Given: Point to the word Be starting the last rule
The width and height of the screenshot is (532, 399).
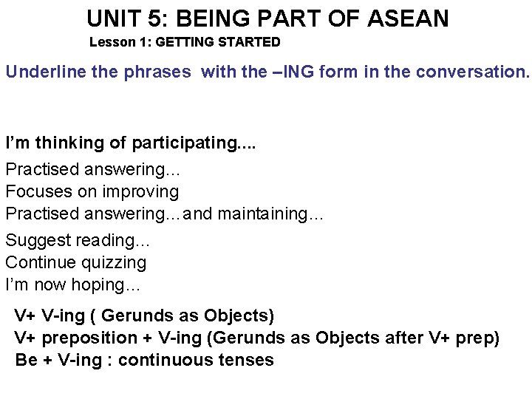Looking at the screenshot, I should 25,361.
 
